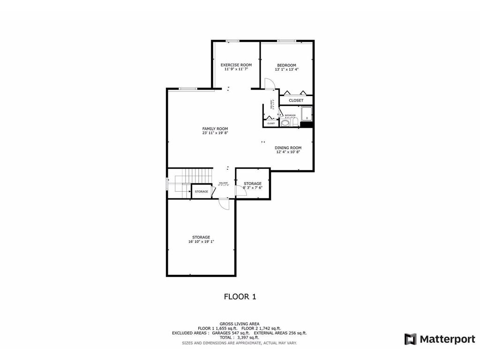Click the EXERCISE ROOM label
pos(236,65)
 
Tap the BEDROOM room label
pos(286,65)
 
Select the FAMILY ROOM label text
pos(215,128)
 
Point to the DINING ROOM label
pos(288,148)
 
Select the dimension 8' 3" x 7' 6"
pos(252,187)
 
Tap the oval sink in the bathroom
pos(285,123)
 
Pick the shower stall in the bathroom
pos(306,115)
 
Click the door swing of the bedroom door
pos(270,83)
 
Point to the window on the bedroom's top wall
pos(286,41)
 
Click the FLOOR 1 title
pos(240,297)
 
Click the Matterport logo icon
pos(410,339)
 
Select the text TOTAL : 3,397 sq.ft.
pos(240,337)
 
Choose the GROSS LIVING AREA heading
pos(240,323)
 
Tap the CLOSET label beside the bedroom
pos(296,100)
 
